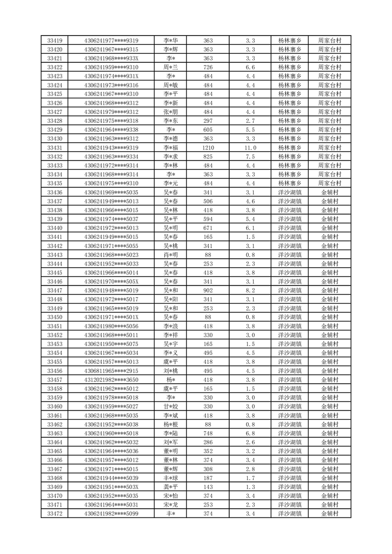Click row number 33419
click(x=54, y=40)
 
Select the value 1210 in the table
click(x=208, y=148)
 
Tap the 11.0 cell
click(x=250, y=148)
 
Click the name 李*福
click(x=171, y=148)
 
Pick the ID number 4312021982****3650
click(x=111, y=380)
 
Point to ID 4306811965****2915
click(x=111, y=371)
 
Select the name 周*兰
click(x=171, y=67)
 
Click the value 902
click(x=208, y=290)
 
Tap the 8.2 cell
click(x=250, y=290)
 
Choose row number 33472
click(x=54, y=514)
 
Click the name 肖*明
click(x=171, y=255)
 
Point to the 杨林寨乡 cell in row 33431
click(x=290, y=148)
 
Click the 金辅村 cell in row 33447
click(x=330, y=290)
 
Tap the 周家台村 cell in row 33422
click(x=330, y=67)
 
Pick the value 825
click(x=208, y=157)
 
